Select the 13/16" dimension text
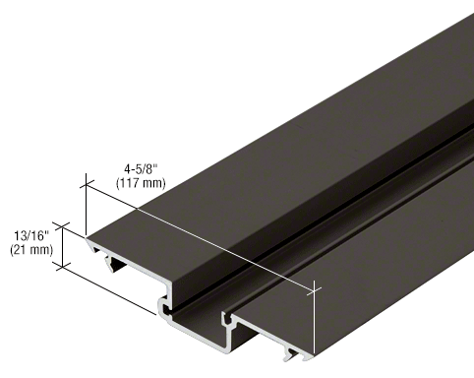[29, 235]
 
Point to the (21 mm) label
[30, 250]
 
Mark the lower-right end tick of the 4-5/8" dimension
[315, 288]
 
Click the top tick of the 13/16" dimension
[65, 225]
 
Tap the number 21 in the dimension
[20, 250]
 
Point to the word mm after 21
[37, 250]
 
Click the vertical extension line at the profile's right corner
[316, 320]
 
